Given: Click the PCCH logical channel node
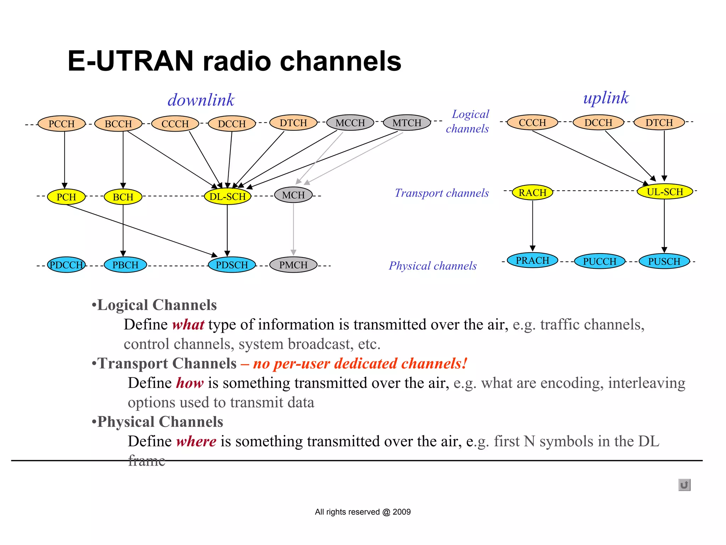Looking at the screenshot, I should coord(62,124).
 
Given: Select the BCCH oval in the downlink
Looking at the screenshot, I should coord(118,124).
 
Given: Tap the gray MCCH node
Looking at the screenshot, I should coord(350,123).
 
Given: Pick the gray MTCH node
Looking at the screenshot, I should coord(407,123).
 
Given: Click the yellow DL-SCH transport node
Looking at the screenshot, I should coord(228,196).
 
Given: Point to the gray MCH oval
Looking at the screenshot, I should coord(294,195).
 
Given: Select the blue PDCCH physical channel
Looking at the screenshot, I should coord(66,265).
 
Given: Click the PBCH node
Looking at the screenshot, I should coord(125,265).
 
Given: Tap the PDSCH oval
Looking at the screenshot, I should coord(232,265).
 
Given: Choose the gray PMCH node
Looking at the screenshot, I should coord(294,265).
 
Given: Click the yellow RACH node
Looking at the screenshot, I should coord(532,193).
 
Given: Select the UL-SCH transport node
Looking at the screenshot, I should coord(665,192).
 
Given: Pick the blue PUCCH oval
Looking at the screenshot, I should coord(600,261).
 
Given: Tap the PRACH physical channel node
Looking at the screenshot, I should coord(532,260).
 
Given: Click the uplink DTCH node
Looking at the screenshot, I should coord(659,122).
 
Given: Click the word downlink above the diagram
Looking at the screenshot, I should coord(201,100).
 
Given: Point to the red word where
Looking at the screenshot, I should coord(196,441).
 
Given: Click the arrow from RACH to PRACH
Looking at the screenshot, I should coord(532,225).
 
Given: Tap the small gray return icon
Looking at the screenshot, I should coord(684,485).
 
